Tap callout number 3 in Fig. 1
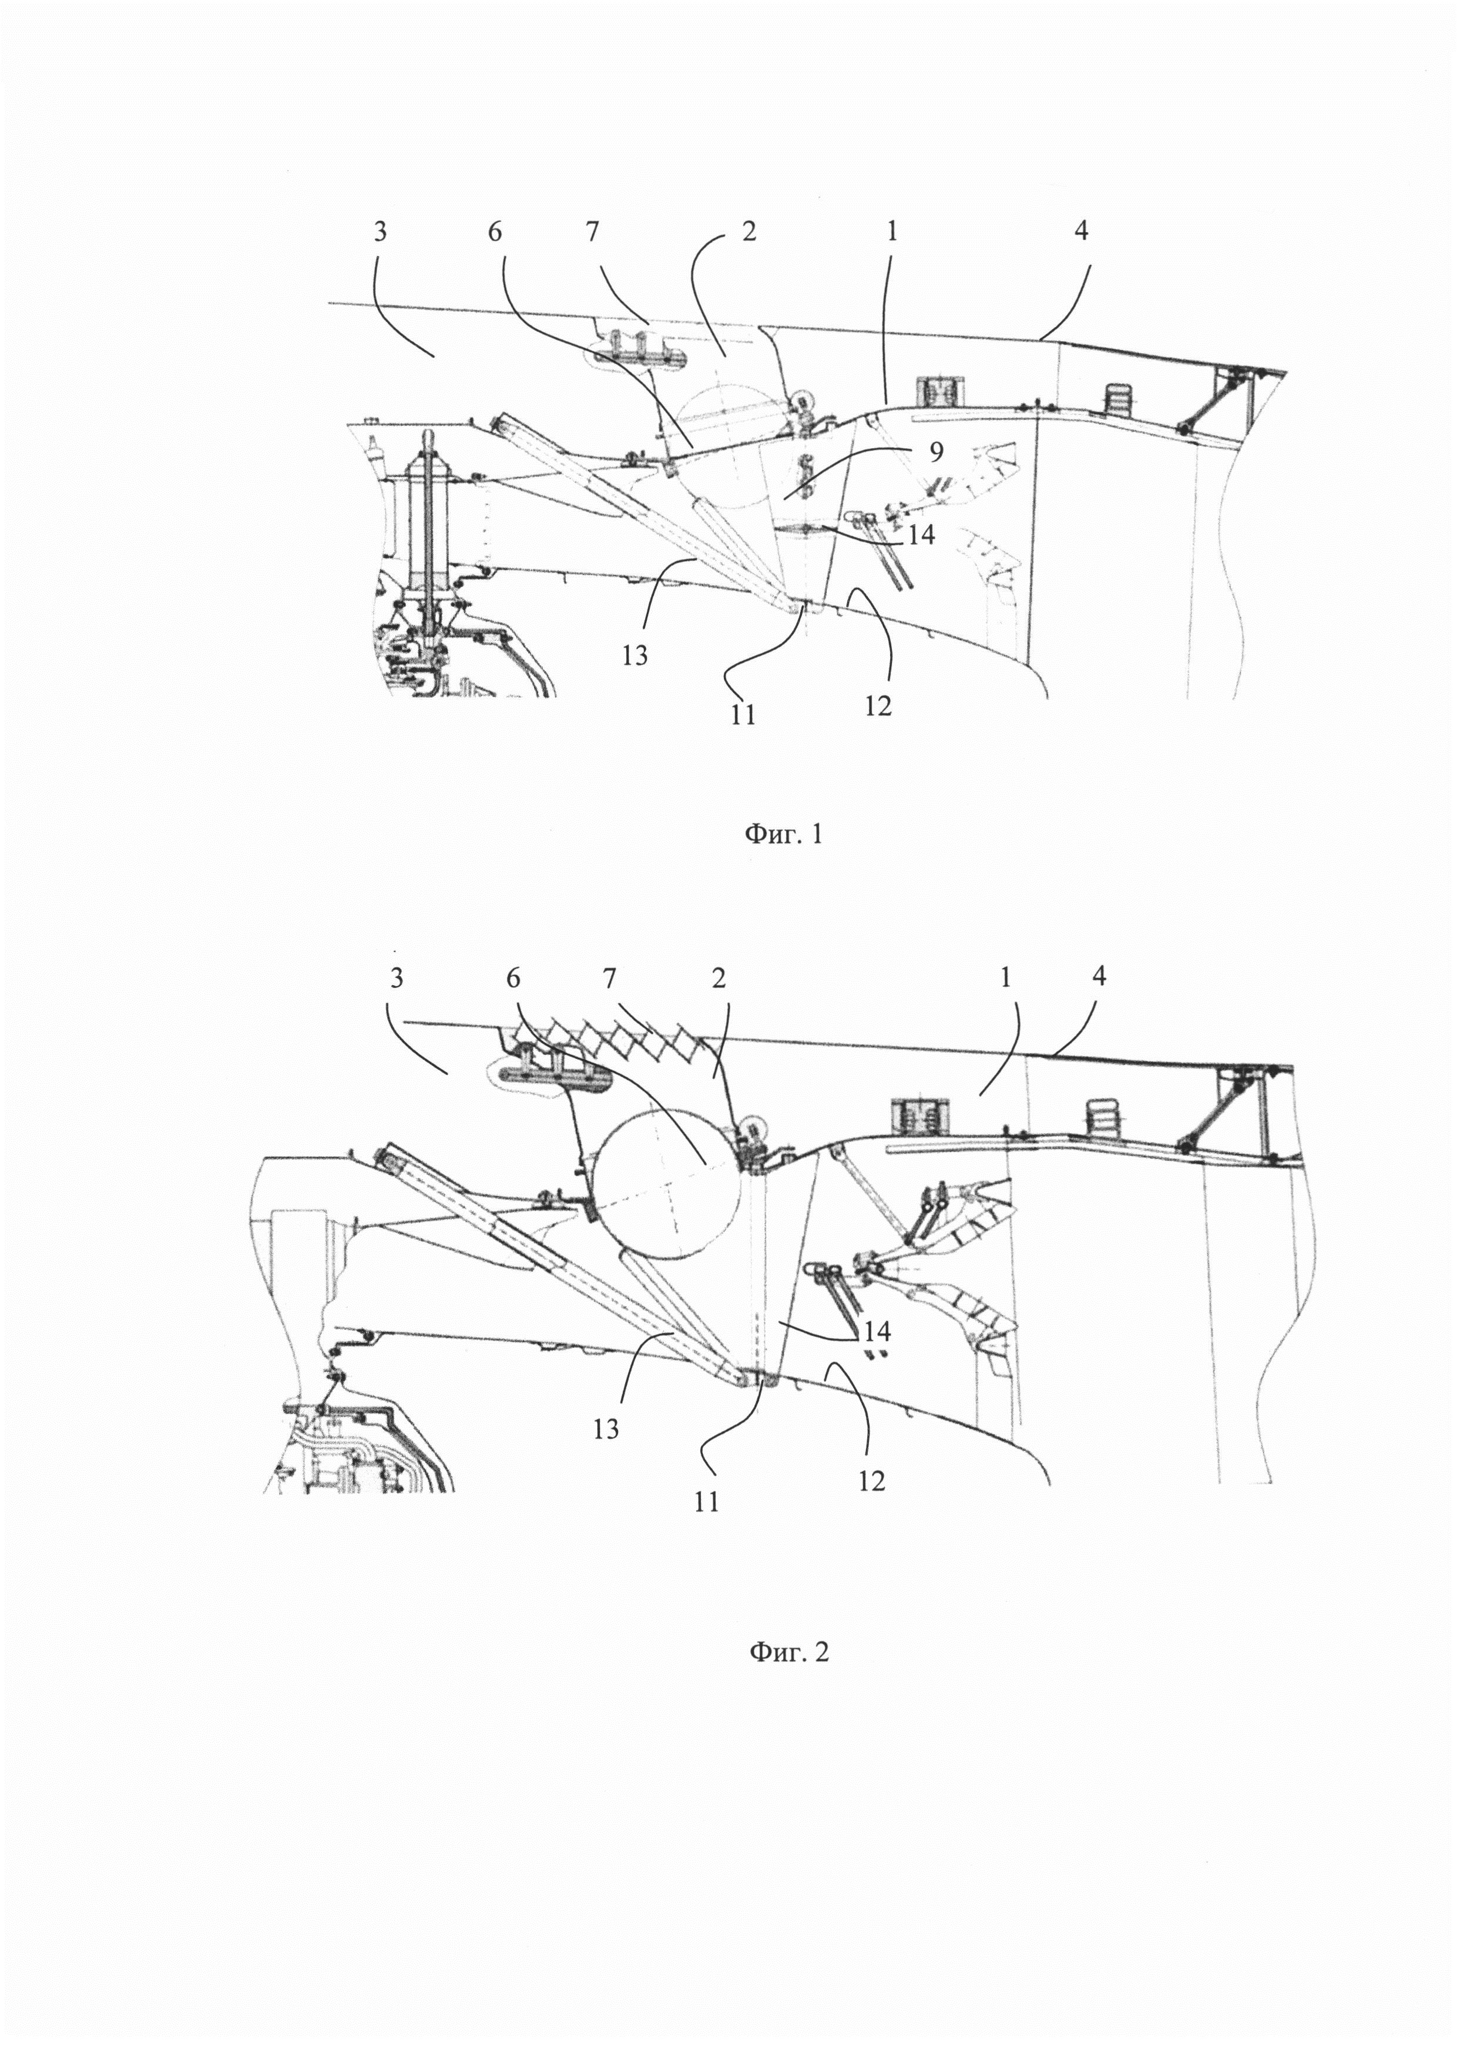(380, 231)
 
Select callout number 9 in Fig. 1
(936, 453)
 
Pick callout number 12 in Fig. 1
(878, 705)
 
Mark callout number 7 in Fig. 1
(592, 231)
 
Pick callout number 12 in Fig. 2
(871, 1480)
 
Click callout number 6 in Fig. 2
(513, 977)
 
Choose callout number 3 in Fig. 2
(397, 977)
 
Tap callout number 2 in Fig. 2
(718, 977)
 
